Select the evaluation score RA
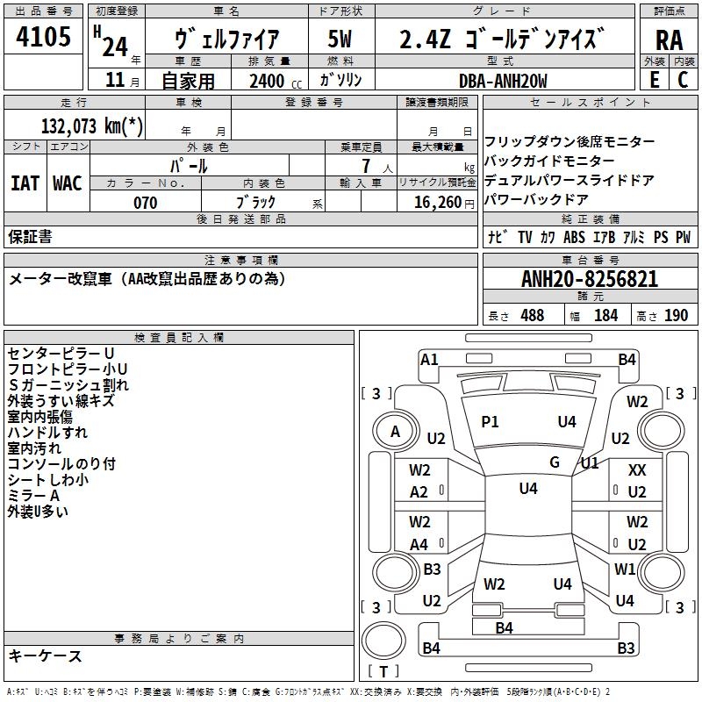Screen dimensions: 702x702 coord(669,39)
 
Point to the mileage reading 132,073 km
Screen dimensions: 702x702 coord(92,125)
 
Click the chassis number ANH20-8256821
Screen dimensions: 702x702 coord(590,279)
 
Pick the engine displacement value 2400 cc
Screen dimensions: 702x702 coord(267,81)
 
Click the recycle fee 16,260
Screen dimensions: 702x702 coord(436,203)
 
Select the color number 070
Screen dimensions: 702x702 coord(145,203)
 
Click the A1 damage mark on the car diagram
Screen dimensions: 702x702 coord(429,359)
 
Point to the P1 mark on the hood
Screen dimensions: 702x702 coord(490,422)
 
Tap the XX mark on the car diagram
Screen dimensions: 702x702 coord(637,470)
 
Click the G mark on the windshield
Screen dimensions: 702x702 coord(555,462)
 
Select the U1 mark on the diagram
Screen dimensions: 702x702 coord(590,462)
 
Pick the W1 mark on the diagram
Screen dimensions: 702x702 coord(625,569)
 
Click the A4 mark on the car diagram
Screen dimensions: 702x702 coord(419,544)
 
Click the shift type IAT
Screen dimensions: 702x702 coord(25,183)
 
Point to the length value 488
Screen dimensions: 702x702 coord(532,315)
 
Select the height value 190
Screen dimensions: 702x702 coord(676,315)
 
